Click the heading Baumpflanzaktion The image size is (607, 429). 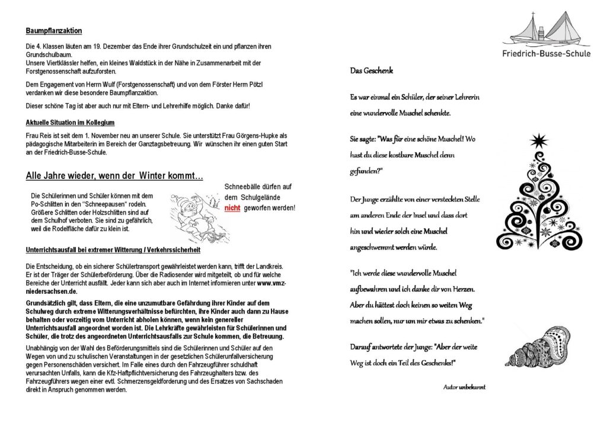[55, 30]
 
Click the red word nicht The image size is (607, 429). [232, 209]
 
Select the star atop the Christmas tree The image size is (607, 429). [538, 141]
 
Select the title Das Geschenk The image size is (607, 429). [370, 71]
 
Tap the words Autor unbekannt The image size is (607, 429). [464, 387]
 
